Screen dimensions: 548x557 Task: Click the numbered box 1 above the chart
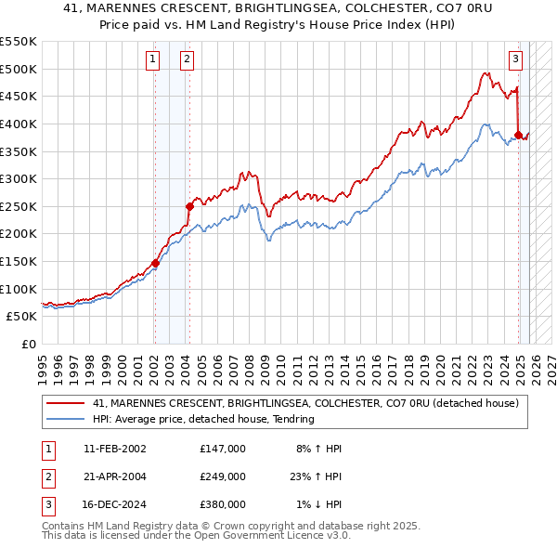[152, 59]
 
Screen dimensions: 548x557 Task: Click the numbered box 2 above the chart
[187, 59]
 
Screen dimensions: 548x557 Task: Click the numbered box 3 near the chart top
[515, 59]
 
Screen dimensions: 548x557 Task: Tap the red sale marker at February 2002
[155, 263]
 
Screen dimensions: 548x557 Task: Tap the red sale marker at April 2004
[189, 206]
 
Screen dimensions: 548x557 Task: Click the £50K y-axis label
[22, 317]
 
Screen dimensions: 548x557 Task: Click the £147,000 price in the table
[222, 449]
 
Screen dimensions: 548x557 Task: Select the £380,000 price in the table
[222, 504]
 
